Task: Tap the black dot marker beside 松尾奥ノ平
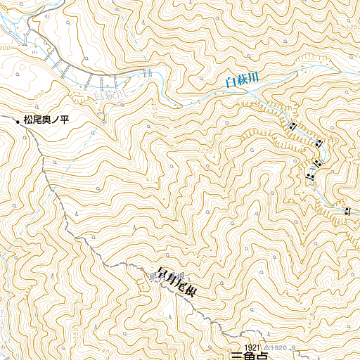coord(18,122)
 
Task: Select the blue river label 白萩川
coord(242,80)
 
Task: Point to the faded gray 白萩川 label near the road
coord(108,91)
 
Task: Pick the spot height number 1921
coord(253,347)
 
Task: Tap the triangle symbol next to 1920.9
coord(266,347)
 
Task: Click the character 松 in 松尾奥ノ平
coord(28,121)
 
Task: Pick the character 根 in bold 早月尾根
coord(189,291)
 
